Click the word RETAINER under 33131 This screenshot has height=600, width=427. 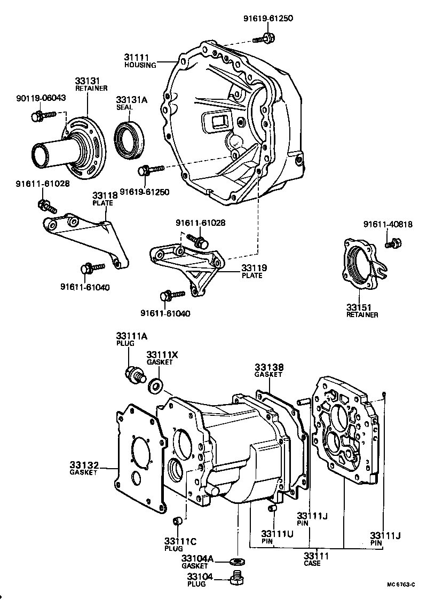(x=91, y=88)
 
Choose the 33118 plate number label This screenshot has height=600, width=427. (x=106, y=195)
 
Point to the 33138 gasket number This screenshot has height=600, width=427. (x=269, y=367)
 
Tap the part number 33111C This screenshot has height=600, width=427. (x=181, y=541)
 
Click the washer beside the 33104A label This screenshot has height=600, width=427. (x=235, y=562)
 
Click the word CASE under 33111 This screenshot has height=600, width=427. (x=312, y=563)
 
